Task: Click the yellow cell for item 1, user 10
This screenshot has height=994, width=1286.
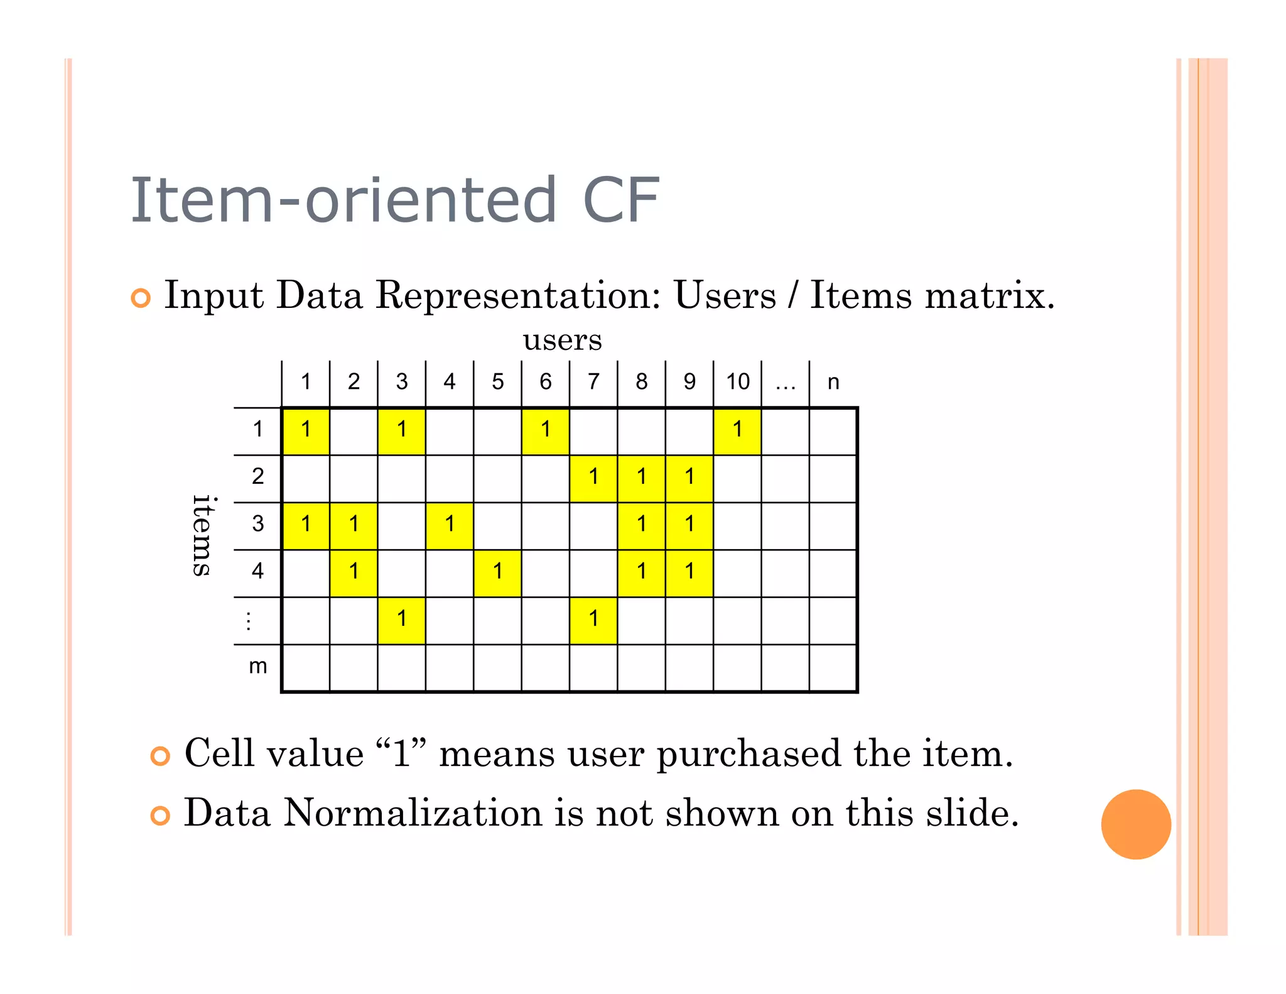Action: coord(737,431)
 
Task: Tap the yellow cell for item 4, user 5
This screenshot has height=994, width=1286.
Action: coord(497,573)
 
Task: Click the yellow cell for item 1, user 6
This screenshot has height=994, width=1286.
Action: coord(545,431)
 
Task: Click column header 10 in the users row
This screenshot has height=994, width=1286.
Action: coord(738,381)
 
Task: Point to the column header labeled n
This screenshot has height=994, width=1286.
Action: coord(833,382)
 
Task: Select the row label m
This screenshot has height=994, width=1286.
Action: coord(258,666)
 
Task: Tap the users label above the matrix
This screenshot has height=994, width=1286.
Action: coord(562,340)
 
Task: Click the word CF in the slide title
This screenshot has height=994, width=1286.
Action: coord(621,200)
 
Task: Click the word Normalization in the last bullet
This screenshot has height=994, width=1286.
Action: coord(413,813)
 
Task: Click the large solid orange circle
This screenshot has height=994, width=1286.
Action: coord(1136,824)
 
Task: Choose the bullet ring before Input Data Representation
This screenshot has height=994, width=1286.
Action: coord(141,298)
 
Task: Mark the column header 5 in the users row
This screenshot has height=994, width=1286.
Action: coord(497,381)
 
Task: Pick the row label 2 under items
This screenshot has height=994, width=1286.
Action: coord(257,476)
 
